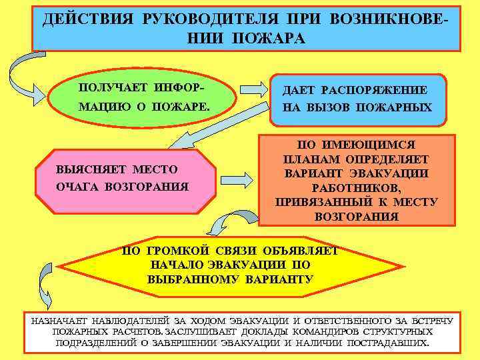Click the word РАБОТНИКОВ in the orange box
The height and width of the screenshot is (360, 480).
[x=356, y=187]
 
